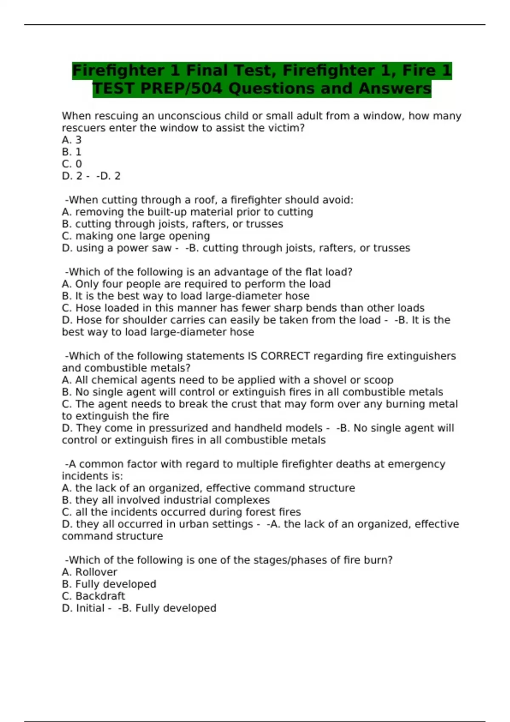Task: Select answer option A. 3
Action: click(71, 140)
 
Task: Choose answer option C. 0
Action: click(71, 164)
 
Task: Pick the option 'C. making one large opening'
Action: click(136, 236)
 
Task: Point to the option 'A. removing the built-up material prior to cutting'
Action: click(187, 212)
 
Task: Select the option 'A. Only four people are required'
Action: click(196, 284)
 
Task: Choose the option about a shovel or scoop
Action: click(227, 380)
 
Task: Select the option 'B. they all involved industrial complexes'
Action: click(166, 500)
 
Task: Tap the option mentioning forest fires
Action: click(181, 512)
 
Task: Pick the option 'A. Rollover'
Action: click(89, 572)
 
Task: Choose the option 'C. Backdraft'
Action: click(93, 596)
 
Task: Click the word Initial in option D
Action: click(90, 608)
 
